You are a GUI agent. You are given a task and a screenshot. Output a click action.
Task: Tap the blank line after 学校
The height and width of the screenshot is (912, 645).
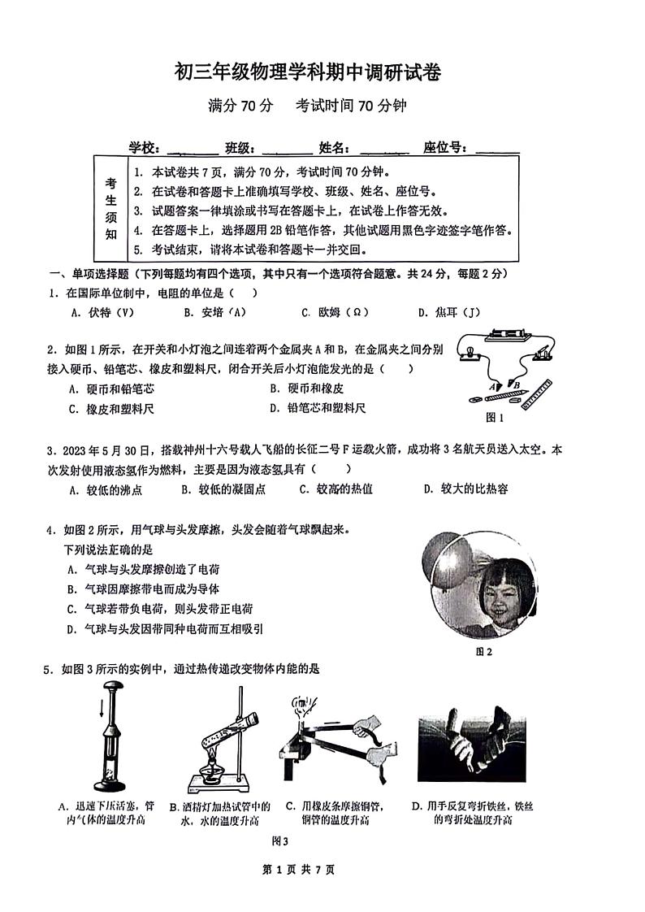tap(192, 149)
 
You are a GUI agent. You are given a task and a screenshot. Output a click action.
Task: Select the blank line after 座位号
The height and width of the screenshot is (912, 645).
tap(497, 149)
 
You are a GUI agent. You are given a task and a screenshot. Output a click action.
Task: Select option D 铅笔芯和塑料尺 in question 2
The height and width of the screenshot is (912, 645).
tap(317, 408)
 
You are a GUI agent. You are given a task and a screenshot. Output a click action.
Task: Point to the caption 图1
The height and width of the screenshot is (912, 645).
tap(495, 418)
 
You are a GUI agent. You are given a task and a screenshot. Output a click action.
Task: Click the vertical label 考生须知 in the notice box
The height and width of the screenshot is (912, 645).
tap(110, 209)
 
